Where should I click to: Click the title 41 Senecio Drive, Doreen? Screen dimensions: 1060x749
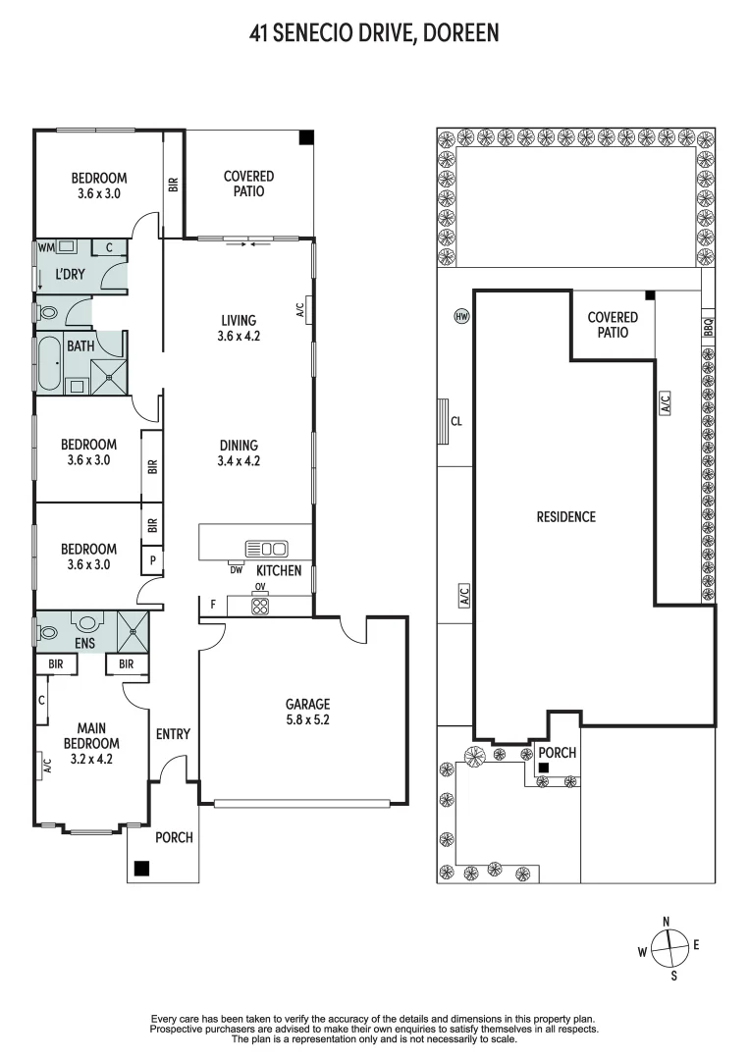(x=374, y=33)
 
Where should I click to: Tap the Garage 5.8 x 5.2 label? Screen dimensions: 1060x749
(x=307, y=712)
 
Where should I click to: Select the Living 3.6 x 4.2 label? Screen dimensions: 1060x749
(x=239, y=328)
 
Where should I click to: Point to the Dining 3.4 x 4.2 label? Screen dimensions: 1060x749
(x=239, y=452)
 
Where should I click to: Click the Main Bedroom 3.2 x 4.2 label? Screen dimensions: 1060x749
(x=91, y=742)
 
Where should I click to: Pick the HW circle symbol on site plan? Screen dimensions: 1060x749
(x=461, y=316)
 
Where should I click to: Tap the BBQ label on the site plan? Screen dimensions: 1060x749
(x=708, y=327)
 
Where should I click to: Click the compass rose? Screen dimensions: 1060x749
(x=667, y=948)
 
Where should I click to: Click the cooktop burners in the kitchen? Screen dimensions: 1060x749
(x=260, y=607)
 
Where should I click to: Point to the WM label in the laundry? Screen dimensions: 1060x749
(x=45, y=247)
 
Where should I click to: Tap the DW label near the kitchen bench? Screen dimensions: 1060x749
(x=236, y=569)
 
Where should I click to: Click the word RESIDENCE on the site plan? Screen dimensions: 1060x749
(x=565, y=516)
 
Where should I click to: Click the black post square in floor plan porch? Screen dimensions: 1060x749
(x=142, y=868)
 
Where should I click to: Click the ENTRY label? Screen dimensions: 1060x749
(x=173, y=734)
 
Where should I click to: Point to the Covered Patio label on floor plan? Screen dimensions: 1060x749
(x=248, y=184)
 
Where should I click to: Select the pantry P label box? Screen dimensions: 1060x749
(x=152, y=560)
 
